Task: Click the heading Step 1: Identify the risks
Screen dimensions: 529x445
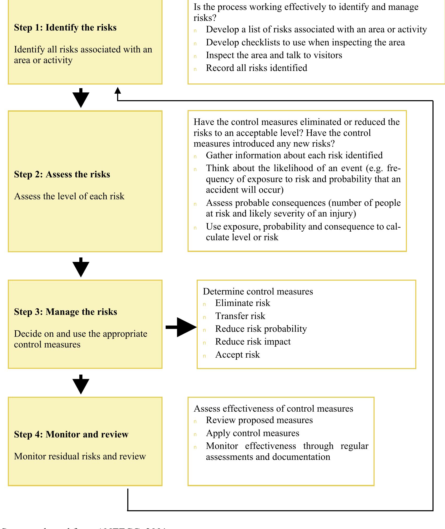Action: [x=65, y=28]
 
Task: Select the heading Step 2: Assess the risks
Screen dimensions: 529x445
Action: [x=62, y=175]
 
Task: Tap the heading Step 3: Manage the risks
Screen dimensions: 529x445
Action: [x=65, y=312]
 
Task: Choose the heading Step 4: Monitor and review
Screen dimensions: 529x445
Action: [x=71, y=434]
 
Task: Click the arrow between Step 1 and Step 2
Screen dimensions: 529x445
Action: [x=81, y=99]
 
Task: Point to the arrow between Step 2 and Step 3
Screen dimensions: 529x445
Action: [x=81, y=268]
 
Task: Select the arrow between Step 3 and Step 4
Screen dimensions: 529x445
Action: [x=81, y=385]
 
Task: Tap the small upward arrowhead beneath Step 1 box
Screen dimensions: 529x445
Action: [x=118, y=91]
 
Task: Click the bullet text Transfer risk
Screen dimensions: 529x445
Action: [x=240, y=316]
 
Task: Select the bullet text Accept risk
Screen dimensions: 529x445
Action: [x=237, y=355]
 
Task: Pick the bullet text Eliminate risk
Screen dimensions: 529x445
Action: [x=243, y=303]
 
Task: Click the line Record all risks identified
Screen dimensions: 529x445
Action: [x=256, y=68]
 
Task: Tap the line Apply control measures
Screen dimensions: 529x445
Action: [x=252, y=433]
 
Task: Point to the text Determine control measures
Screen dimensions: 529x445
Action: [x=258, y=291]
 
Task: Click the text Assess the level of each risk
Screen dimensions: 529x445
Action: [x=69, y=196]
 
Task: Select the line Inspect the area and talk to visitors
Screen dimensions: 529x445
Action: [x=274, y=55]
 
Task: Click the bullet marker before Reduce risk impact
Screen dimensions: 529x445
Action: [x=205, y=343]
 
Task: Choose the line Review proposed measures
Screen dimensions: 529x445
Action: [x=259, y=420]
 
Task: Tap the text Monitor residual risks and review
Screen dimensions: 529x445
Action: [x=80, y=456]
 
